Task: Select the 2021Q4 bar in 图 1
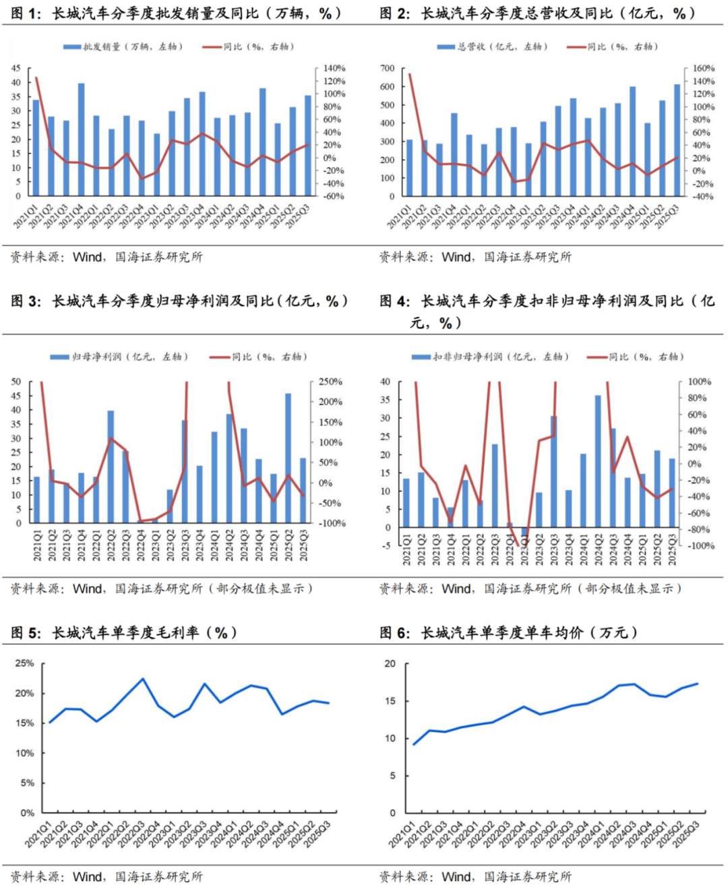pos(81,140)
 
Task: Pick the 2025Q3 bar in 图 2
pos(677,140)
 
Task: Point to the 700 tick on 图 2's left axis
pos(387,69)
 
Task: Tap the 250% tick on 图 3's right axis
pos(330,382)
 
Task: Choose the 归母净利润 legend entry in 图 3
pos(119,357)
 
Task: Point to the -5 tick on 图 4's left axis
pos(386,546)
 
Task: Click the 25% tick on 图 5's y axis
pos(25,663)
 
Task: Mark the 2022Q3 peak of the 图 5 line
pos(143,679)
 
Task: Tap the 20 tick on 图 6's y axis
pos(390,664)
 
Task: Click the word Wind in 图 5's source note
pos(88,877)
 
